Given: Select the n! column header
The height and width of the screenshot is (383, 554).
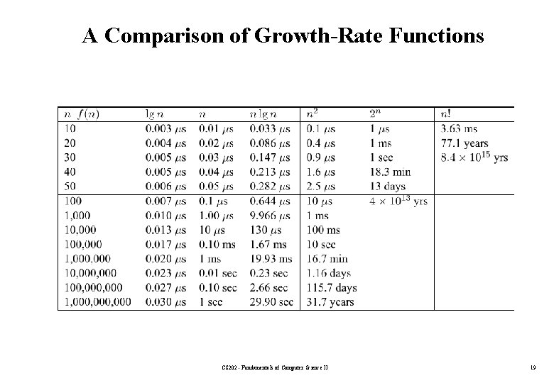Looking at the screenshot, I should (x=447, y=113).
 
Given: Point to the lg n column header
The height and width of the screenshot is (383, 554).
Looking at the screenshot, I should (x=154, y=113).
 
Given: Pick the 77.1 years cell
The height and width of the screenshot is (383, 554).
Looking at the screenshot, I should (x=465, y=143).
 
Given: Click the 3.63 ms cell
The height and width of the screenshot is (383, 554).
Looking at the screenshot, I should (x=460, y=129).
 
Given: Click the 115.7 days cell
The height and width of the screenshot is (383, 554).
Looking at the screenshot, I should (x=332, y=287).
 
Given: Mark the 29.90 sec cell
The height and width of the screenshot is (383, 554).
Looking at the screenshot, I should (x=271, y=301).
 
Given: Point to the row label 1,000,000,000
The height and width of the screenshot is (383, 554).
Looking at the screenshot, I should (x=97, y=301).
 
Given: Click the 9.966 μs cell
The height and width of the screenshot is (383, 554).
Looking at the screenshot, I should (x=270, y=215).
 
